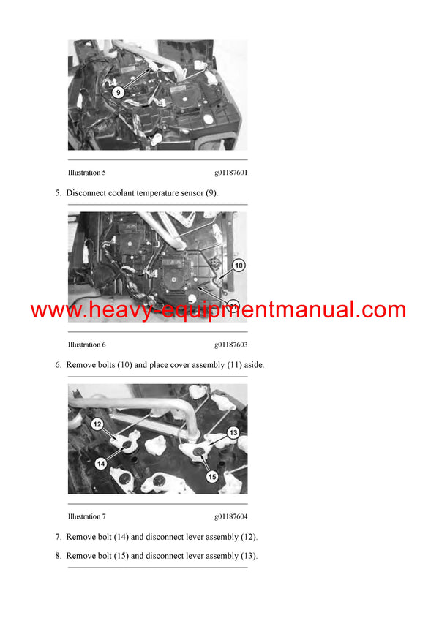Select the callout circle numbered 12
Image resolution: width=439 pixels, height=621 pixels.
click(x=98, y=424)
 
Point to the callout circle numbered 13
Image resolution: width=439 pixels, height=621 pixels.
click(x=233, y=432)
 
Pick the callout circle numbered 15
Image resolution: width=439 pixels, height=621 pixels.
click(x=211, y=477)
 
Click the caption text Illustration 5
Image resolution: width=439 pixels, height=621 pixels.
click(x=86, y=173)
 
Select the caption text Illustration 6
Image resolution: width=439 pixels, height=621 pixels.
click(x=86, y=345)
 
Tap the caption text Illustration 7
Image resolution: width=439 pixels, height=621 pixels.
click(x=86, y=516)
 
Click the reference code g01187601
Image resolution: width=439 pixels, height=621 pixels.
click(x=230, y=173)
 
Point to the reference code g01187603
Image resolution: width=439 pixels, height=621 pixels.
click(x=230, y=345)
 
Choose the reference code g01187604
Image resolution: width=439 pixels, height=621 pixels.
click(x=230, y=516)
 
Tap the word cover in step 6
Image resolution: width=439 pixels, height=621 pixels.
click(x=189, y=364)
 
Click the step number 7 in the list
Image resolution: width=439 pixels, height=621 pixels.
click(x=58, y=537)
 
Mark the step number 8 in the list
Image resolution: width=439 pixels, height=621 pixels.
click(x=58, y=556)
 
